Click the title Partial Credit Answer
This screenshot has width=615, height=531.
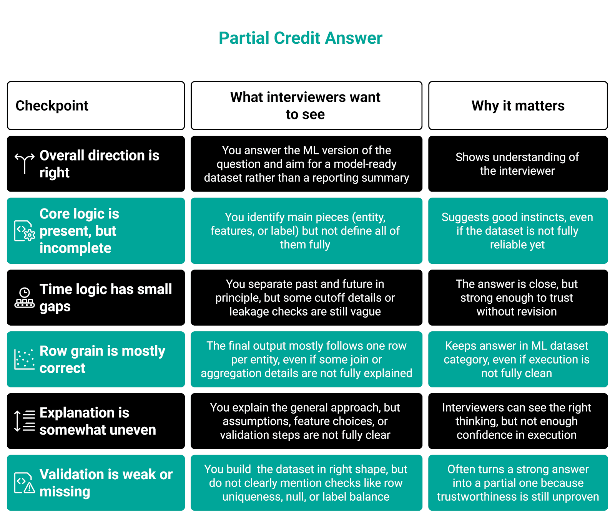pos(300,38)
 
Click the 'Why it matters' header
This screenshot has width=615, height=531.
pos(518,106)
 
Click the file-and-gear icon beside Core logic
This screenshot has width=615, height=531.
pos(25,231)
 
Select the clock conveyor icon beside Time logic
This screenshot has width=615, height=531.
pos(25,298)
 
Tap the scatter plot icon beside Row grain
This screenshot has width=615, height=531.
pos(25,359)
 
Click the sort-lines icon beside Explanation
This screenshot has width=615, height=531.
pos(25,421)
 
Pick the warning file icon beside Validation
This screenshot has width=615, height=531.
pos(25,483)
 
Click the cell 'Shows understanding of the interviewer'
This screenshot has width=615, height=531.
pos(517,164)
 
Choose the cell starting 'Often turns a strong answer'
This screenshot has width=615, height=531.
pos(518,483)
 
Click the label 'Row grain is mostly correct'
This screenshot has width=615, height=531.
pos(102,359)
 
